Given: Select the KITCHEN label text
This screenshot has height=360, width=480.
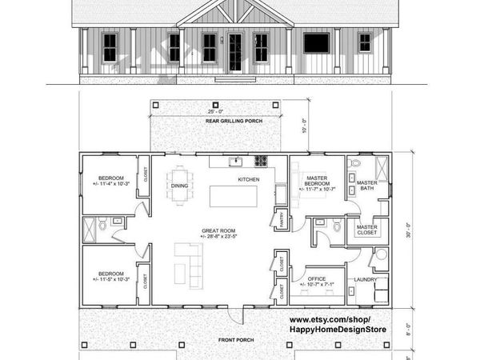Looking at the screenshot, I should click(x=249, y=180).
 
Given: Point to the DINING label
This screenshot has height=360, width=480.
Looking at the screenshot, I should click(x=179, y=185).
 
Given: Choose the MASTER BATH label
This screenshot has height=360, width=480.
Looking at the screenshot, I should click(x=367, y=185).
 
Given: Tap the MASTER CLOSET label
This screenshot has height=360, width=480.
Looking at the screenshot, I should click(x=368, y=230).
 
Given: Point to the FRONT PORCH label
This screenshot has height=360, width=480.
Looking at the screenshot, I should click(x=236, y=340).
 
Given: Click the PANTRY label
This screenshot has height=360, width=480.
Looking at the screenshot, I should click(x=281, y=219).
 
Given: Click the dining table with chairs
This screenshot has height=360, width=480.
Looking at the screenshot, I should click(x=179, y=174).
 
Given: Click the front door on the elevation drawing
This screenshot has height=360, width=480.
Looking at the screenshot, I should click(x=235, y=53).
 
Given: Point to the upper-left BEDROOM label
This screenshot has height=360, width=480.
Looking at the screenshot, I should click(x=110, y=180).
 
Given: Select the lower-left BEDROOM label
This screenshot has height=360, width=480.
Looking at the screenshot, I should click(x=110, y=275).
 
